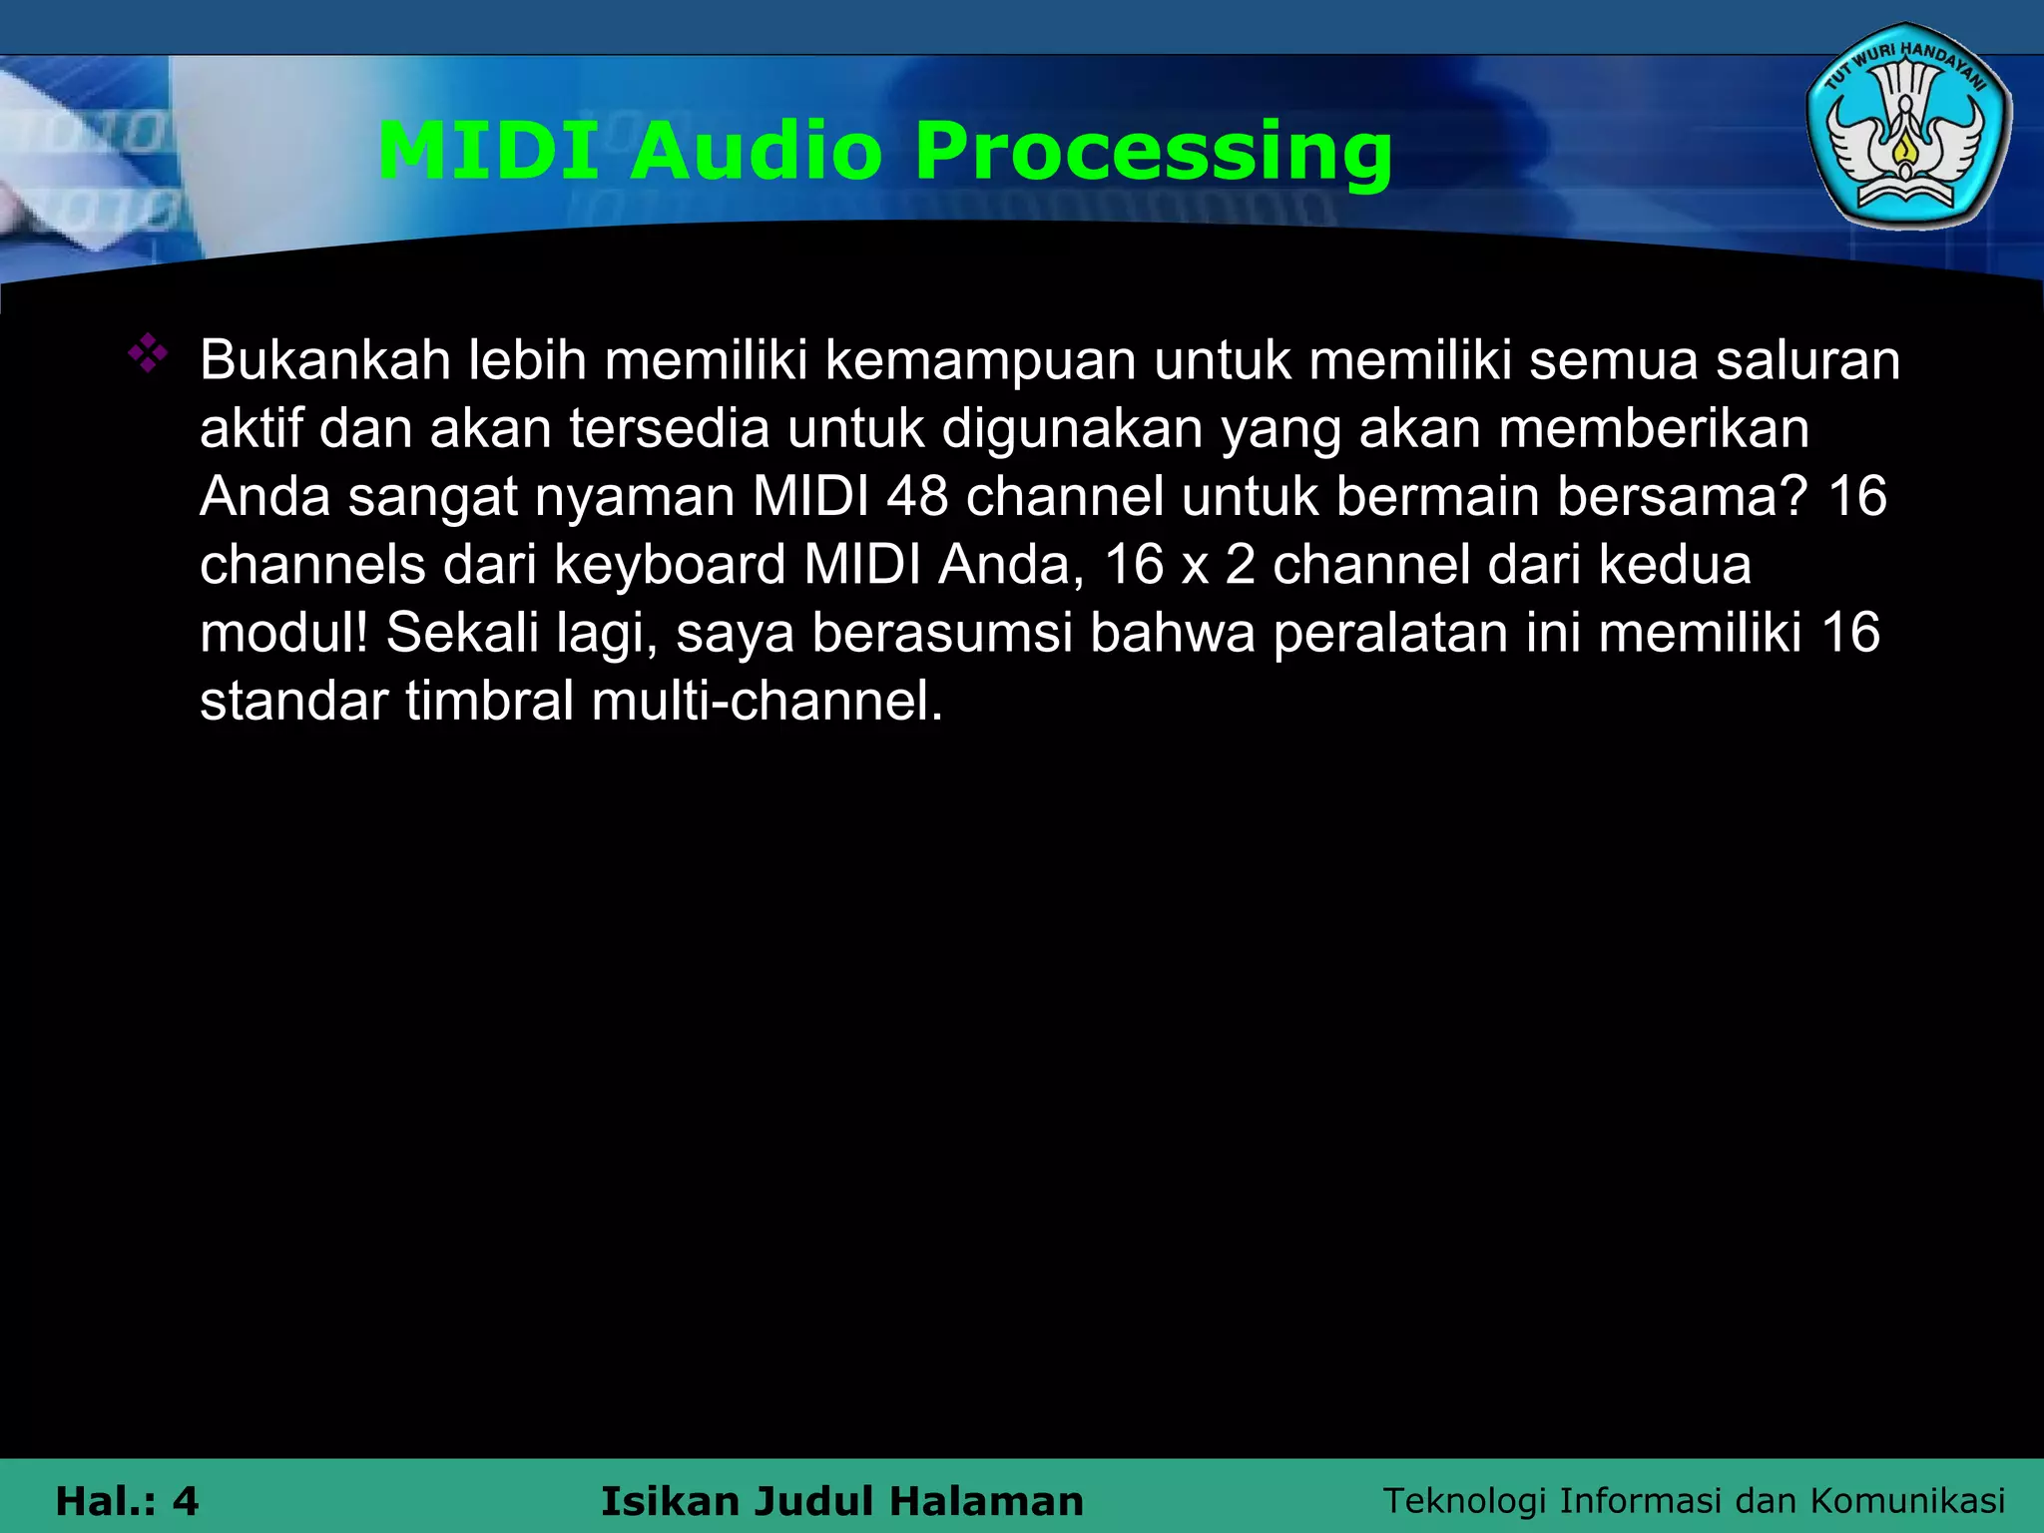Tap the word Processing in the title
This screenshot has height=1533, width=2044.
point(1153,152)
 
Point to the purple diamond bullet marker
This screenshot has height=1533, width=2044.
point(148,354)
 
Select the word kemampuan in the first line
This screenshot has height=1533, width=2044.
point(980,360)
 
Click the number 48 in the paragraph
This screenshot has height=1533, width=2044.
point(917,496)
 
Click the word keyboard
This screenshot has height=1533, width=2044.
point(670,565)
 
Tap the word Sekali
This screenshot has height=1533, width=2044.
point(462,633)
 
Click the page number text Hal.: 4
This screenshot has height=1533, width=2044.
point(127,1501)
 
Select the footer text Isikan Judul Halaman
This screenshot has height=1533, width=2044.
point(841,1501)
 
